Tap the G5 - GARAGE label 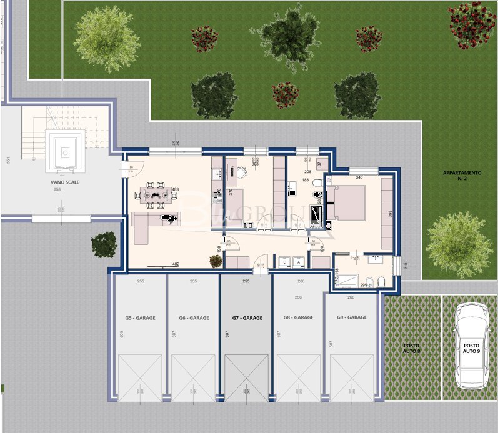[x=140, y=318]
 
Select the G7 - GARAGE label [x=247, y=318]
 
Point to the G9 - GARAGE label [x=352, y=317]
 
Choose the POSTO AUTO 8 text [x=411, y=348]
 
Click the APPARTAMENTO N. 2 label [x=462, y=176]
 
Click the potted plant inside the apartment [x=215, y=261]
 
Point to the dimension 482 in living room [x=176, y=264]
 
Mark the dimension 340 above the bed [x=359, y=177]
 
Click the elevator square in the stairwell [x=65, y=150]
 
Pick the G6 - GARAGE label [x=194, y=318]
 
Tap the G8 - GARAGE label [x=299, y=317]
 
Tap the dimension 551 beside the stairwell [x=8, y=160]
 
